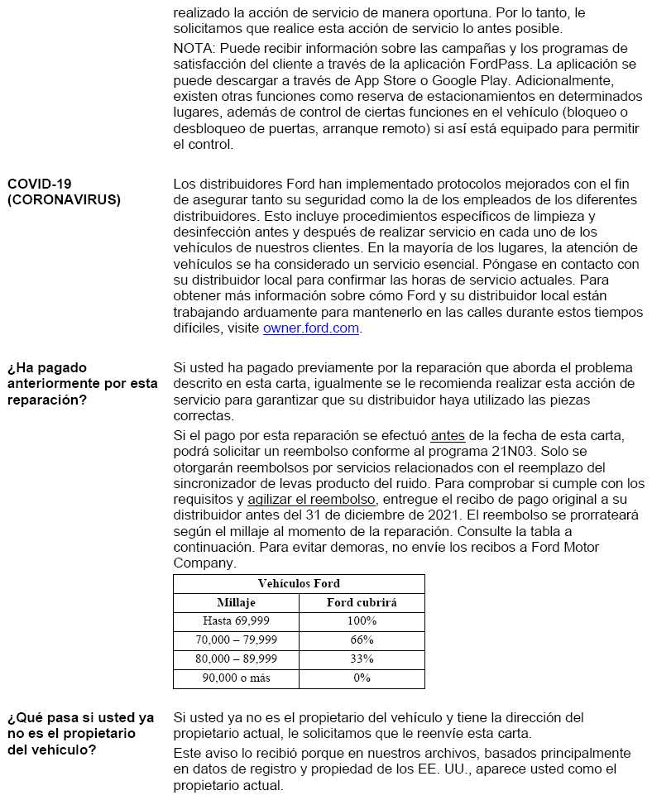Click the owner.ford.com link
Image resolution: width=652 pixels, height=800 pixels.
(x=311, y=328)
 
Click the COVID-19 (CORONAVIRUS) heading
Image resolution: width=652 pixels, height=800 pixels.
(x=64, y=192)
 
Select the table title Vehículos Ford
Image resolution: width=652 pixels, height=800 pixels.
(x=299, y=584)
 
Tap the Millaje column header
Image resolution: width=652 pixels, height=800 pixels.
(x=236, y=603)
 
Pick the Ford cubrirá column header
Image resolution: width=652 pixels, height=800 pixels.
(x=362, y=603)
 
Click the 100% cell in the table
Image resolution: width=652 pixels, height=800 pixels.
(x=362, y=621)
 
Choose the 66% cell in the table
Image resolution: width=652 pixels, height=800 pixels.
(x=362, y=640)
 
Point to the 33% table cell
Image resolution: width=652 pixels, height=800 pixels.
(x=362, y=659)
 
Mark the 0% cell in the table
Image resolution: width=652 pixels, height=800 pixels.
(x=362, y=678)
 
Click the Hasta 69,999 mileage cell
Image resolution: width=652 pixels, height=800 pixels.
(x=236, y=621)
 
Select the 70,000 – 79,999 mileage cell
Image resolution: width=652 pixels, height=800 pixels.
(x=236, y=640)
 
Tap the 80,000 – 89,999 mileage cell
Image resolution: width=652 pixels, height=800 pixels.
(x=236, y=659)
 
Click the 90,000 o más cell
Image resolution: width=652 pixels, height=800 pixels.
(x=236, y=678)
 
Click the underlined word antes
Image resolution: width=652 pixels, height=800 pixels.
(x=448, y=436)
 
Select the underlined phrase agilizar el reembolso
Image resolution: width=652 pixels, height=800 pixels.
(x=312, y=499)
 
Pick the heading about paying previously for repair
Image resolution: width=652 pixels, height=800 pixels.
(x=82, y=383)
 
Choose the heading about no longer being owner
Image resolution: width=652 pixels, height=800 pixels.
(x=80, y=733)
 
